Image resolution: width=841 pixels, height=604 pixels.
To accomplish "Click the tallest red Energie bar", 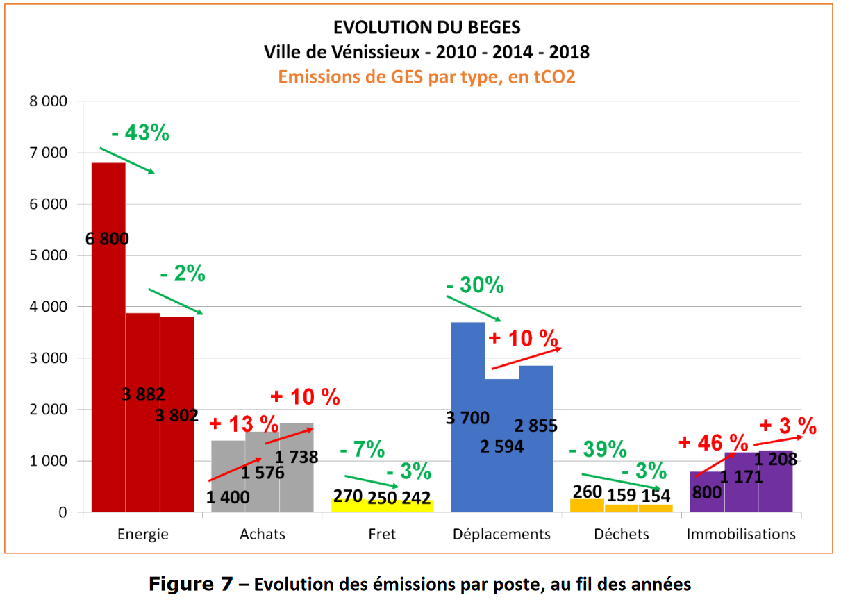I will click(x=109, y=333).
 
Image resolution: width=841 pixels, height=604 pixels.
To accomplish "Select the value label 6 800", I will click(x=108, y=240).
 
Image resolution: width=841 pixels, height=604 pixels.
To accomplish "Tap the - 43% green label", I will click(x=140, y=133).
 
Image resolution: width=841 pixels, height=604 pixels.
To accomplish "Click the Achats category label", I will click(x=263, y=534).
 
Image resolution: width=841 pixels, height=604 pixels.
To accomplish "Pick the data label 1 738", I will click(x=297, y=457).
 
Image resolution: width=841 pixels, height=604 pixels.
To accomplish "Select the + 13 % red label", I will click(x=244, y=423).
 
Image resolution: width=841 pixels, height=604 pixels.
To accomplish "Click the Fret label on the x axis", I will click(x=382, y=534).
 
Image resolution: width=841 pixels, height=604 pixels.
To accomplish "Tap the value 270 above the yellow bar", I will click(x=348, y=496).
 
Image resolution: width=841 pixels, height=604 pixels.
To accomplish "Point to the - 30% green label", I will click(x=475, y=285).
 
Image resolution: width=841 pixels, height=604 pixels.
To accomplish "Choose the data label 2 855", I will click(x=535, y=426).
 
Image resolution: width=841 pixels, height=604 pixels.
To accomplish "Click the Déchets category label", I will click(x=622, y=534).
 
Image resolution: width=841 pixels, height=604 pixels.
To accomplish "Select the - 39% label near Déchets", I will click(x=597, y=450).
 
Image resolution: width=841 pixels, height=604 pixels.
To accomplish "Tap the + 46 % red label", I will click(x=713, y=442).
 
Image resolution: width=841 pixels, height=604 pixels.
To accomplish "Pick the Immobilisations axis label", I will click(x=741, y=534).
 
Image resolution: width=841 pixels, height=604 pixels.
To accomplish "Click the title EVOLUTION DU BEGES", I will click(x=426, y=28).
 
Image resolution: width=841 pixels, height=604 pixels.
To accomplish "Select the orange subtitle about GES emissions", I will click(x=426, y=76).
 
